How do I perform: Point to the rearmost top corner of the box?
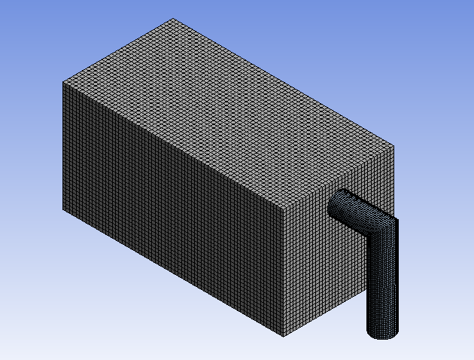(x=172, y=19)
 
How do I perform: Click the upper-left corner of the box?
(x=62, y=82)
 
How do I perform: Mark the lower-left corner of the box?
(x=62, y=209)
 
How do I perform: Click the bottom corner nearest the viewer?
(x=284, y=337)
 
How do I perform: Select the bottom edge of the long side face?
(x=173, y=273)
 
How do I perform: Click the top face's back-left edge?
(x=117, y=50)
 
